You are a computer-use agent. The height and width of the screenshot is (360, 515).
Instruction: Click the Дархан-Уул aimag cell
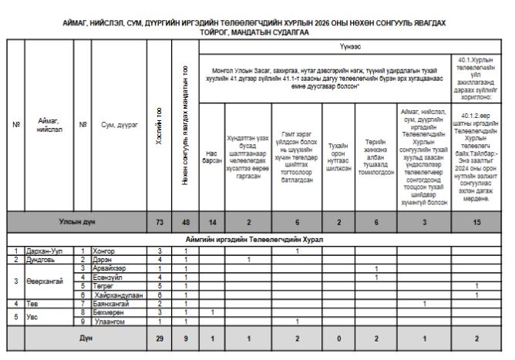tap(42, 251)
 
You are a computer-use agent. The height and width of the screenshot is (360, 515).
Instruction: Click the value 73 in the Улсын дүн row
tap(159, 222)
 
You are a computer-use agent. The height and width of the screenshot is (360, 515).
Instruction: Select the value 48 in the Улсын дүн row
tap(185, 222)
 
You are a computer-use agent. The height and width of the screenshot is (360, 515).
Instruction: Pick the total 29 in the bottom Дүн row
tap(159, 338)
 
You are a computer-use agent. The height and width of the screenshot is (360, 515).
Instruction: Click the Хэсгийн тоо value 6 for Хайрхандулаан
tap(159, 294)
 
